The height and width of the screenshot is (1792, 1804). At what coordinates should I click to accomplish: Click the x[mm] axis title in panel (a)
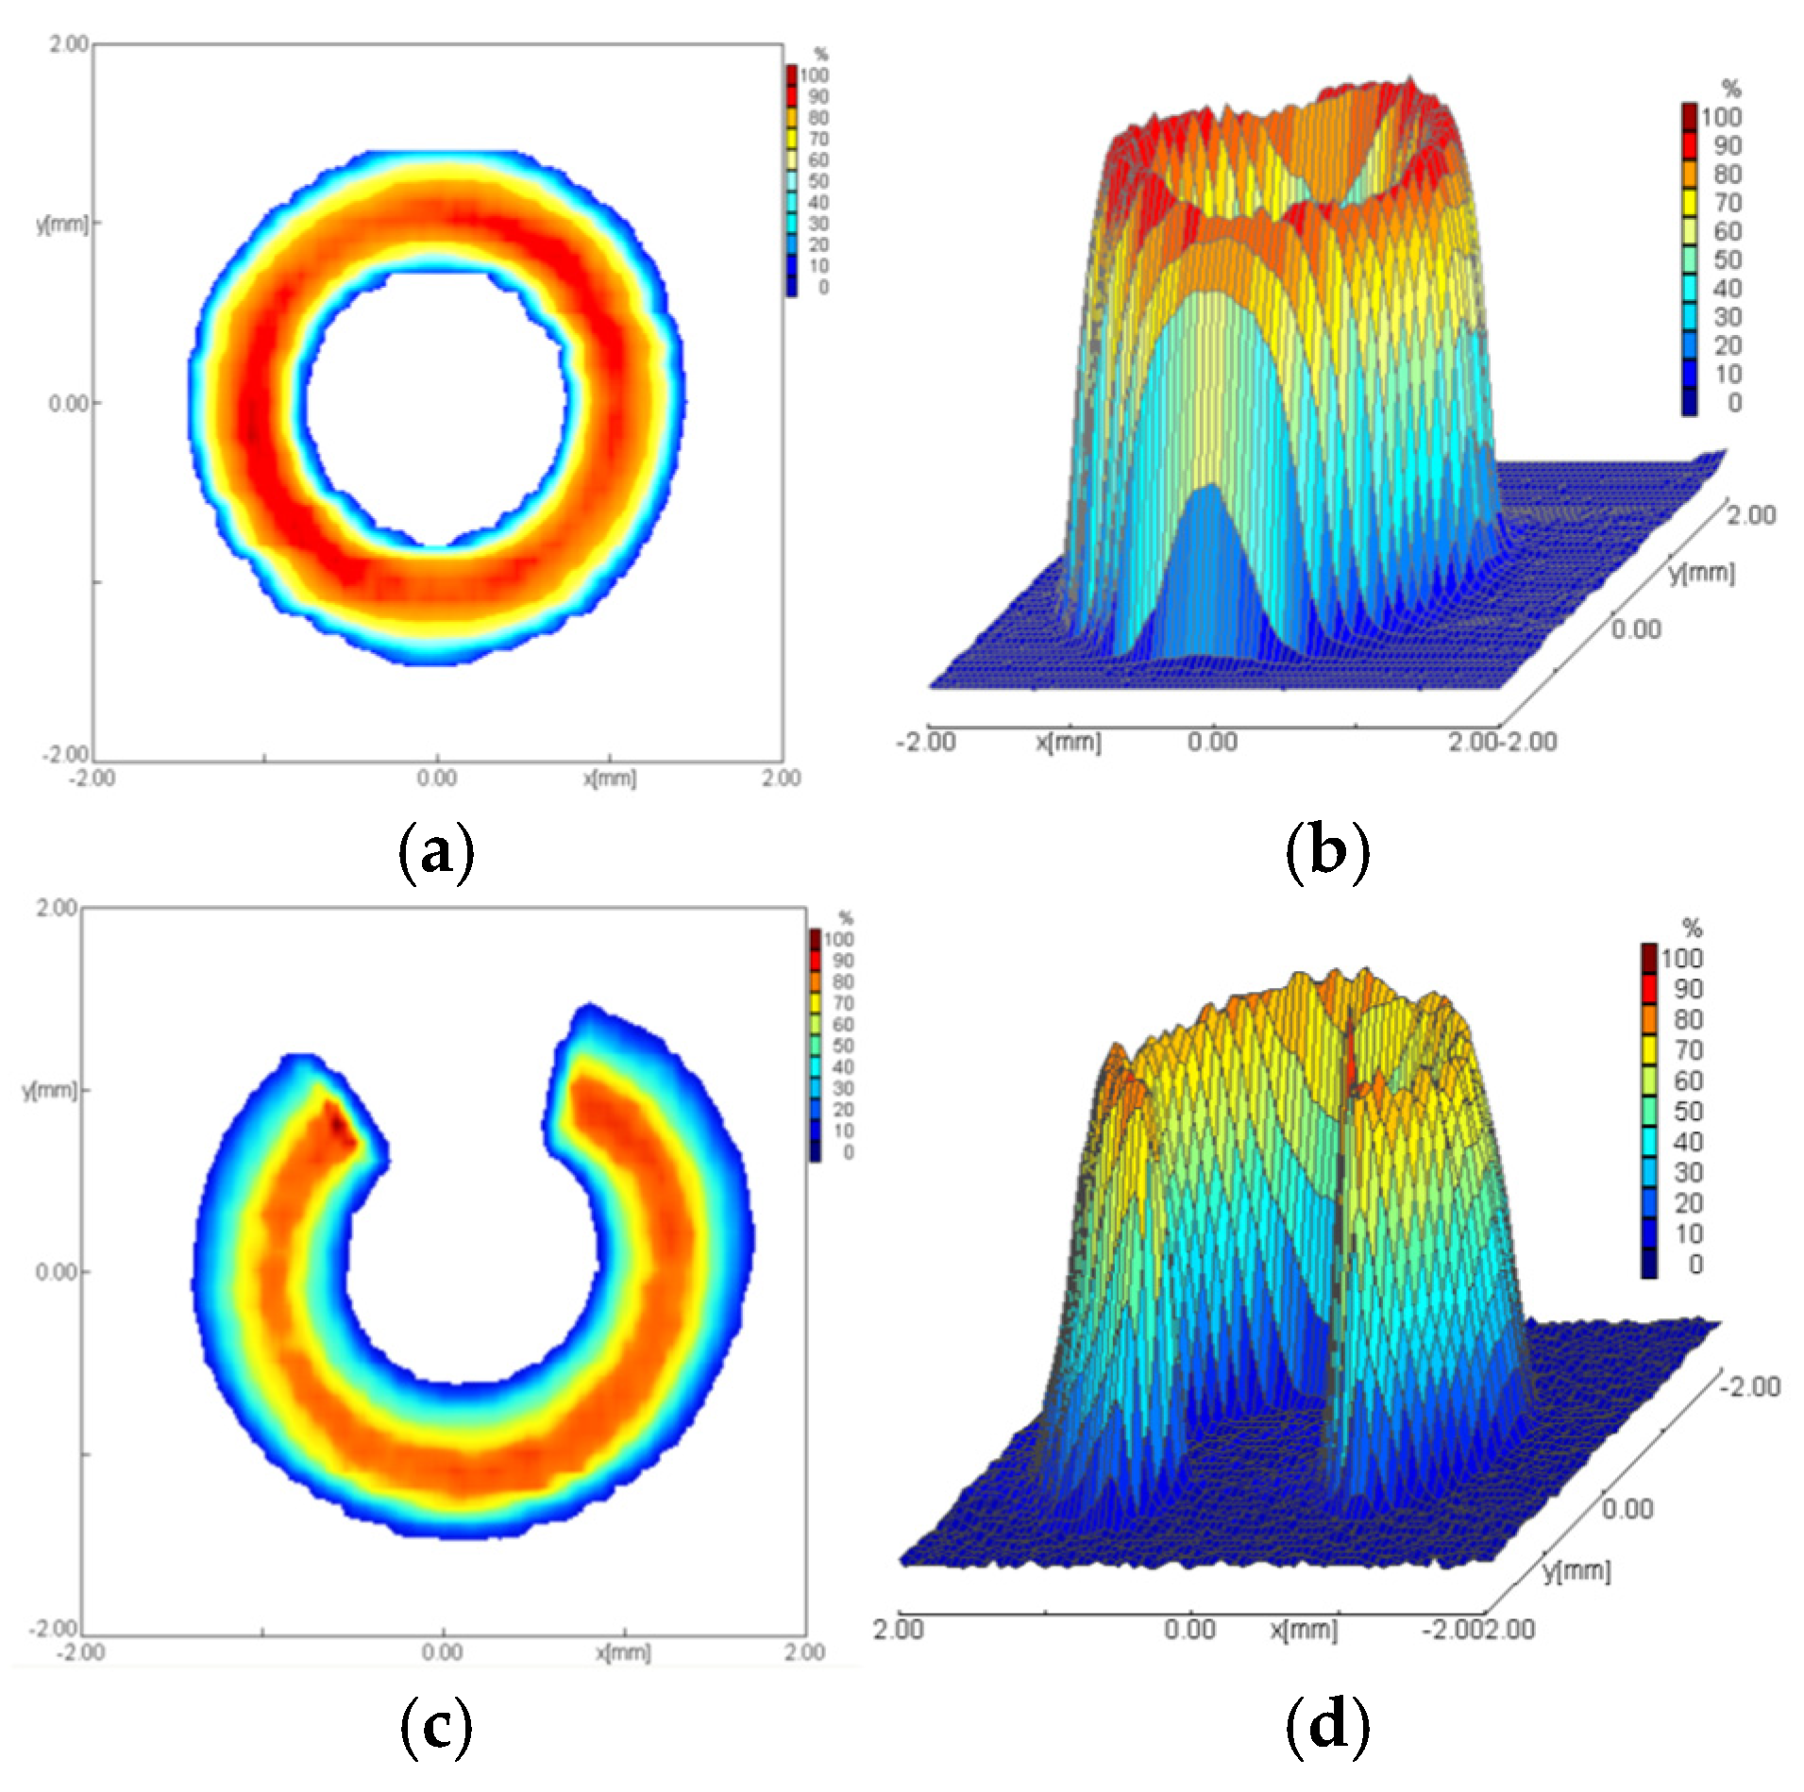(x=610, y=779)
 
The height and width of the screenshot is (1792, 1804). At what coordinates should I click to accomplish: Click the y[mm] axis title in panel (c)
(x=49, y=1090)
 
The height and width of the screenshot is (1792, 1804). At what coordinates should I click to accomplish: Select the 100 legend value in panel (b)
(x=1721, y=117)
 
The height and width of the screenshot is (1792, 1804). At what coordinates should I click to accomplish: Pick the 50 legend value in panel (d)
(x=1689, y=1112)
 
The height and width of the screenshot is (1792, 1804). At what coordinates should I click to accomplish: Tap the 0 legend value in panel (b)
(x=1734, y=403)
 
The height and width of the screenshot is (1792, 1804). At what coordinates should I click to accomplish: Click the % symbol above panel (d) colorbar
(x=1693, y=929)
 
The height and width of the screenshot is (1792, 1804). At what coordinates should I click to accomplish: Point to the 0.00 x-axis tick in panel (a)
(x=437, y=779)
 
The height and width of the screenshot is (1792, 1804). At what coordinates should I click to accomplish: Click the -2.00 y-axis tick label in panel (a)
(x=65, y=754)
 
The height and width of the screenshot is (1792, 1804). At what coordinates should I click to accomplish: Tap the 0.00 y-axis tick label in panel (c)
(x=56, y=1272)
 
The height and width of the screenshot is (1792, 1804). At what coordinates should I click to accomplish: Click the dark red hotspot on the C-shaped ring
(x=338, y=1123)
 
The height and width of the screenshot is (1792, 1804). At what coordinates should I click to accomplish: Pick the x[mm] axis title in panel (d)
(x=1304, y=1630)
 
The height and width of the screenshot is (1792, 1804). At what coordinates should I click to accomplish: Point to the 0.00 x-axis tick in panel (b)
(x=1212, y=742)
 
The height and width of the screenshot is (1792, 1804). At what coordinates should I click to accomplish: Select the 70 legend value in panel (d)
(x=1689, y=1050)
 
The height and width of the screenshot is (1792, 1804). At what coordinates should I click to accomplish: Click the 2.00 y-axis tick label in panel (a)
(x=69, y=44)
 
